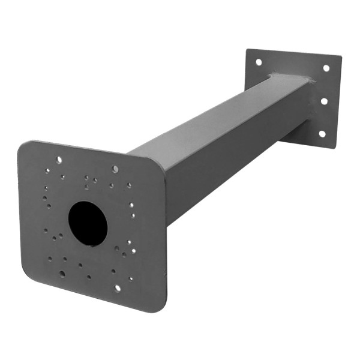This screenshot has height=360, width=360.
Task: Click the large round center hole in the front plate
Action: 88,224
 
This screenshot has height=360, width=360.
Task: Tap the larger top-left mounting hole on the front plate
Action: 58,160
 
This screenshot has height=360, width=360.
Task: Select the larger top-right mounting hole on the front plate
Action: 115,169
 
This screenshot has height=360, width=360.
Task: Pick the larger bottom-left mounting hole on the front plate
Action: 62,274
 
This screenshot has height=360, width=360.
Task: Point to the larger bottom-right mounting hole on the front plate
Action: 117,287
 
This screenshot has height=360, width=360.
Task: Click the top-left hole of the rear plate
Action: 259,62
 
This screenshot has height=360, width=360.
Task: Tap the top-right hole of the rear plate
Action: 326,68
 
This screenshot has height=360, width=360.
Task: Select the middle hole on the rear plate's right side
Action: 324,101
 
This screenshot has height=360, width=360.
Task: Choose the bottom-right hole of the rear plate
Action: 322,133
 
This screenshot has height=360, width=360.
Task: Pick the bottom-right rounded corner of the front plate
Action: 158,307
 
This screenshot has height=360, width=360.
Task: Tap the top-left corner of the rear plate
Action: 247,50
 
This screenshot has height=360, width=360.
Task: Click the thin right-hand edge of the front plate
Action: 165,240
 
